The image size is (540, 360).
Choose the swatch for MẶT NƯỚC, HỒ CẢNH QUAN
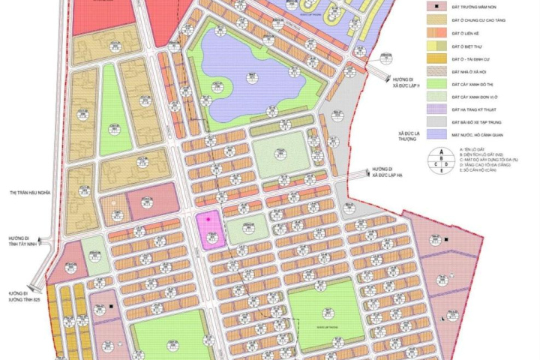coord(433,136)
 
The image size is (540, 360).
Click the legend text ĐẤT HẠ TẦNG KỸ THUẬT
coord(476,109)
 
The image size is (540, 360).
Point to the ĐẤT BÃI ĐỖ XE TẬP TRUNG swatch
coord(433,122)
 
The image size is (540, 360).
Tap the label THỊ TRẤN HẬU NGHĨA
coord(28,193)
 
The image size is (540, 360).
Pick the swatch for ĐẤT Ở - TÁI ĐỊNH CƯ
coord(433,58)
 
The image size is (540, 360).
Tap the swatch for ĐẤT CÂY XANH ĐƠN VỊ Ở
coord(433,97)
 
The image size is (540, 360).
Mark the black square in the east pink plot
coord(445,240)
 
